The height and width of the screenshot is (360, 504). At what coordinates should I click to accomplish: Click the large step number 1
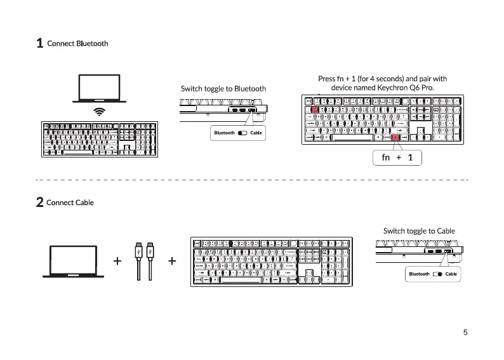[39, 44]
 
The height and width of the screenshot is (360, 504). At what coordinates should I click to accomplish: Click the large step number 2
[39, 203]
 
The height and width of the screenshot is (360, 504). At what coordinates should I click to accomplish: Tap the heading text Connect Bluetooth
[77, 44]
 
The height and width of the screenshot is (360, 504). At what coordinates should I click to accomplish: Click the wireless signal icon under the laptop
[99, 112]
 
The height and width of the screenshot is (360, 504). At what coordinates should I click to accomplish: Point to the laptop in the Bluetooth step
[99, 89]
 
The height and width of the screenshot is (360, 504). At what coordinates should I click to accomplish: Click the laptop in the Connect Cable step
[73, 261]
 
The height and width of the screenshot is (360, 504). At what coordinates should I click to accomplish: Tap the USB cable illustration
[144, 260]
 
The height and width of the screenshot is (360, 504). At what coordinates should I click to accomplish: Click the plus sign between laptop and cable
[117, 261]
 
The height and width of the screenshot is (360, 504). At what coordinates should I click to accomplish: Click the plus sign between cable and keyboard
[172, 261]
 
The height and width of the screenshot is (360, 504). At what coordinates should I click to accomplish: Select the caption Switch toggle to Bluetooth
[223, 88]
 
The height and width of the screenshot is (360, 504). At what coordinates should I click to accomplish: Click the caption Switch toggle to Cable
[419, 230]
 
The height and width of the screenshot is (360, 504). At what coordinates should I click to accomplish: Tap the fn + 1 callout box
[397, 157]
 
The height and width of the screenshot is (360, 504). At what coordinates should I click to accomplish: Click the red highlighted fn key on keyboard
[395, 137]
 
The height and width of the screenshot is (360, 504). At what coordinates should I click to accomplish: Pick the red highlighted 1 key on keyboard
[315, 109]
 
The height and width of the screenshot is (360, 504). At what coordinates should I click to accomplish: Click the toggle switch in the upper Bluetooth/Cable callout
[242, 133]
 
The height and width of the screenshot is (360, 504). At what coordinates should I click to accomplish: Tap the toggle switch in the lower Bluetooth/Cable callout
[437, 274]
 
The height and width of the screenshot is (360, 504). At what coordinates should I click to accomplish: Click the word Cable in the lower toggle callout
[451, 274]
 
